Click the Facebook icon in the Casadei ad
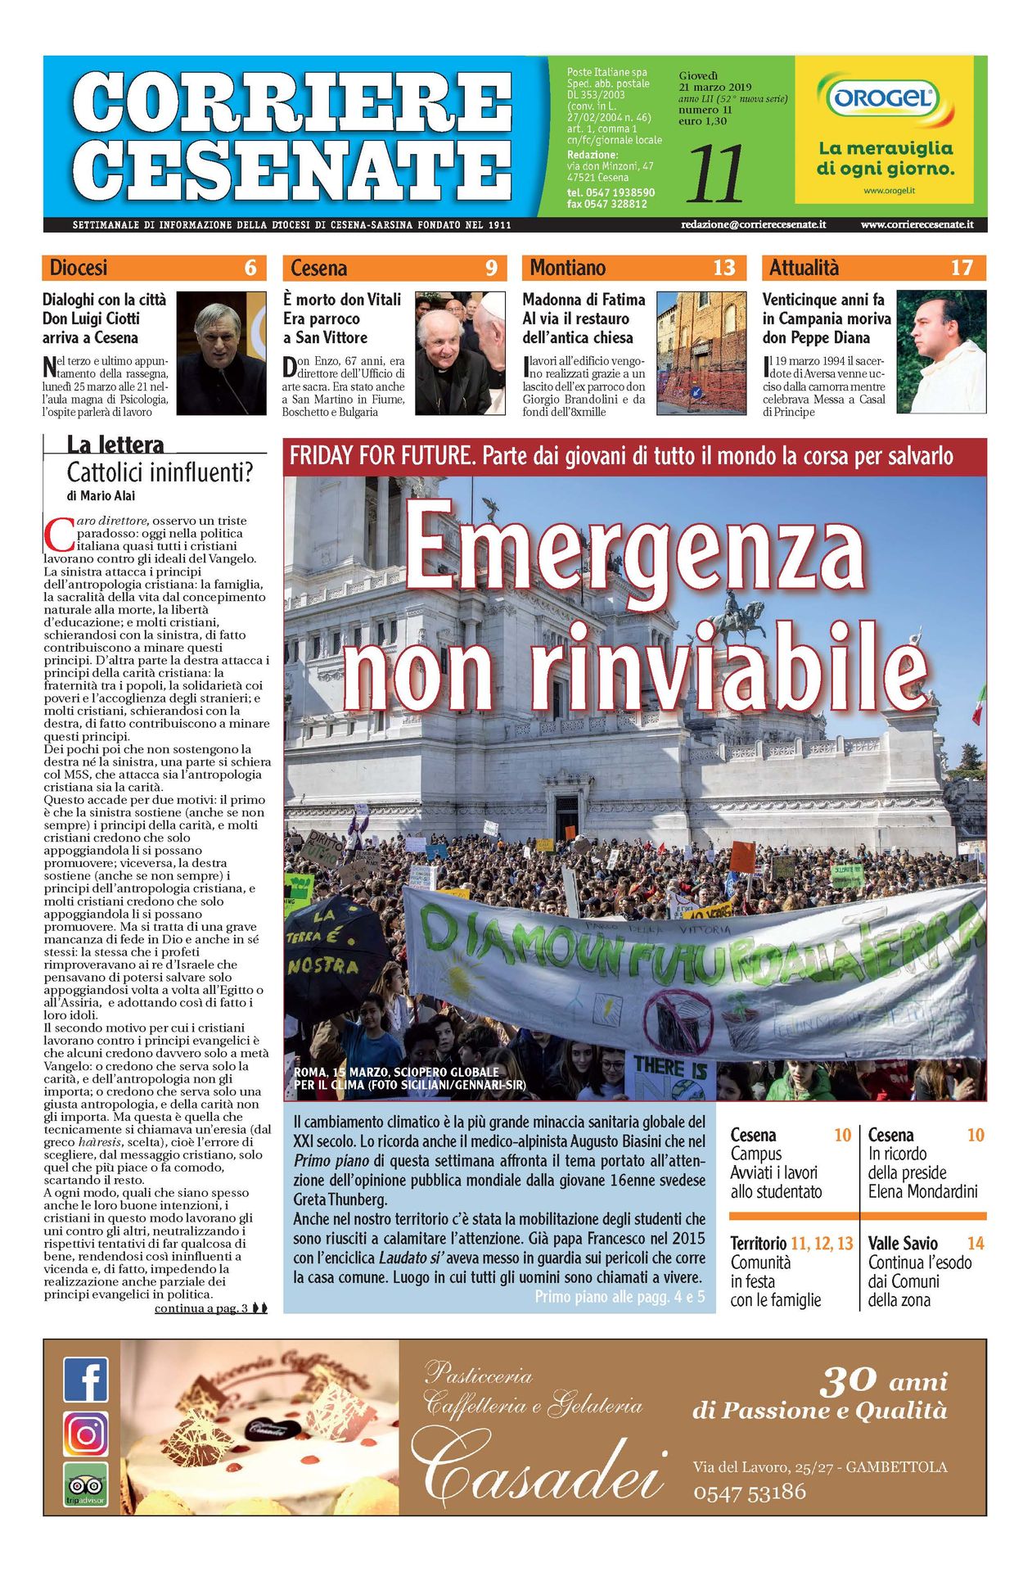pos(85,1380)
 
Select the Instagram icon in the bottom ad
pos(85,1434)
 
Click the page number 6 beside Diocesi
pos(250,268)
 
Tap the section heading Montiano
pos(567,268)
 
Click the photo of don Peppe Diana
pos(940,351)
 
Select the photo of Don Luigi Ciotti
pos(221,353)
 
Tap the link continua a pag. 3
pos(201,1308)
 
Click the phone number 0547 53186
pos(749,1493)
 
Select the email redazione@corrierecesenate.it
pos(753,224)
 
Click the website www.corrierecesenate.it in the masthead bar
pos(917,224)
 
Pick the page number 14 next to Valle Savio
pos(975,1243)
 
